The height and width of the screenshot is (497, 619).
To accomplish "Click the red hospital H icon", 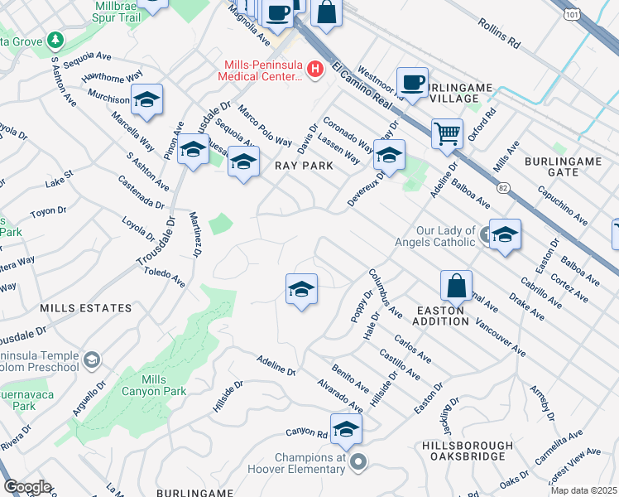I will pyautogui.click(x=314, y=70).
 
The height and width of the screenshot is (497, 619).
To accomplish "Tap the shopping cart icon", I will pyautogui.click(x=447, y=133).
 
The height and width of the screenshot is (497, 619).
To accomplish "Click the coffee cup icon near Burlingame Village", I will pyautogui.click(x=412, y=82).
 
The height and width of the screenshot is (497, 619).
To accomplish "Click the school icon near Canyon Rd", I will pyautogui.click(x=346, y=428).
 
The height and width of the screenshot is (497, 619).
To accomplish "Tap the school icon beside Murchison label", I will pyautogui.click(x=147, y=100).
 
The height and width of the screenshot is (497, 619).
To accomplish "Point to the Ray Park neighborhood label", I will pyautogui.click(x=304, y=166).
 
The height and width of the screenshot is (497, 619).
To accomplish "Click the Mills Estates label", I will pyautogui.click(x=86, y=308).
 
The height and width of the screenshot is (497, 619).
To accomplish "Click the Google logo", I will pyautogui.click(x=27, y=487).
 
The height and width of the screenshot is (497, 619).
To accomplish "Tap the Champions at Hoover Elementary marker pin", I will pyautogui.click(x=357, y=462).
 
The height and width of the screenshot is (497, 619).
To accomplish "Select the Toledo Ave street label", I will pyautogui.click(x=164, y=277).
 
